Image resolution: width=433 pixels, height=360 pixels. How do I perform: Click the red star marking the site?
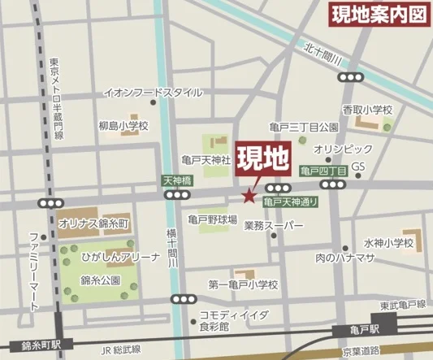(x=249, y=194)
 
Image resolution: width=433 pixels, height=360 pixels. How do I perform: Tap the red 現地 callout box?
(x=262, y=159)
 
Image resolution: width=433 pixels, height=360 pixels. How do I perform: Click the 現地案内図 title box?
(x=377, y=15)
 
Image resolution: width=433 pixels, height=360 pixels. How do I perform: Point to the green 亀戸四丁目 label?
(x=323, y=171)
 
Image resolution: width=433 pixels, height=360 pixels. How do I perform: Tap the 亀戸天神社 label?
(x=206, y=160)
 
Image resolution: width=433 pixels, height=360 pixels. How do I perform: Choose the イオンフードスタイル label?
(x=153, y=93)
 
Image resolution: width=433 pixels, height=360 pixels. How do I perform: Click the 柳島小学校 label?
(x=123, y=126)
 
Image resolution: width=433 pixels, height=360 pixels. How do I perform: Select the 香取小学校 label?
(x=367, y=109)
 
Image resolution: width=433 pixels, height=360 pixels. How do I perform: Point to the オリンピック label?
(x=343, y=149)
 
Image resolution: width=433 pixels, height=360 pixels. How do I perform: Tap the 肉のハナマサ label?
(x=344, y=258)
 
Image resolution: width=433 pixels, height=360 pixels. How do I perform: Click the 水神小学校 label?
(x=388, y=243)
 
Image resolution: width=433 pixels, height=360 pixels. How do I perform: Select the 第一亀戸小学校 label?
(x=243, y=284)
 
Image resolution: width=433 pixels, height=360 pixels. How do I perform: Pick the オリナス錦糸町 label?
(x=93, y=222)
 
